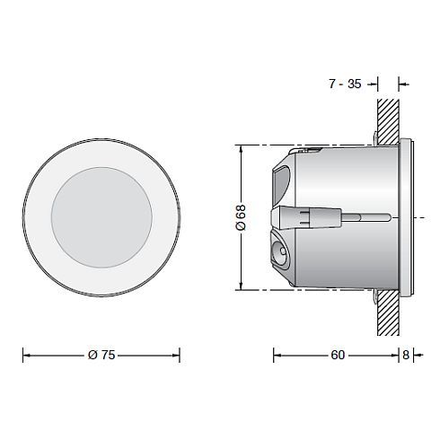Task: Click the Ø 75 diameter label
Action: point(101,355)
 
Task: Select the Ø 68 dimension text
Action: point(241,216)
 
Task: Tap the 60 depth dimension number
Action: point(337,355)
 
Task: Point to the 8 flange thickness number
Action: point(406,355)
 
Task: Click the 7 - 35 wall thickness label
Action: point(345,84)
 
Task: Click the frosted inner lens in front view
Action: point(101,218)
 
